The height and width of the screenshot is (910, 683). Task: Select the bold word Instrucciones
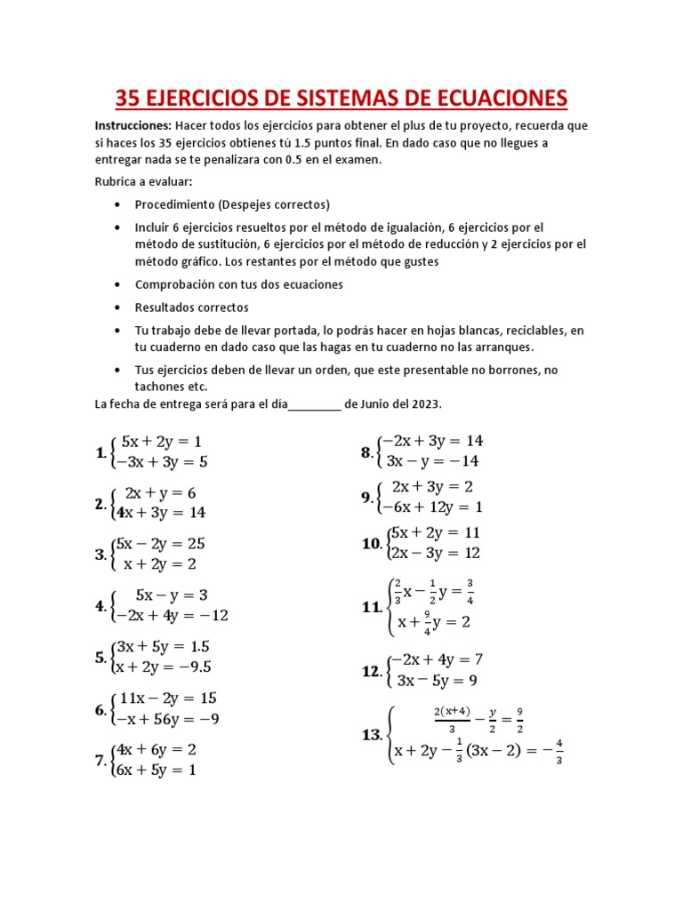pos(133,125)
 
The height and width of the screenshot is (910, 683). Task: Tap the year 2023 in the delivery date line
pos(425,404)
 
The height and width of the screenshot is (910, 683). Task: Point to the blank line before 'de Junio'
pos(315,405)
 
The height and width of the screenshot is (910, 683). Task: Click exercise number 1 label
pos(100,452)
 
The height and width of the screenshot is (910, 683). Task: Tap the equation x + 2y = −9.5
pos(164,667)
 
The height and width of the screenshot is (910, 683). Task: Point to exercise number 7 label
pos(100,760)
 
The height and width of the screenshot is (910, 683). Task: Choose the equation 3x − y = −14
pos(432,461)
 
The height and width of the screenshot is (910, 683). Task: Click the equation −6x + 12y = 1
pos(431,507)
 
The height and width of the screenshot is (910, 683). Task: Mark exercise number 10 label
pos(372,543)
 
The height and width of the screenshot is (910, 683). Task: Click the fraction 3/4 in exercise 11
pos(470,591)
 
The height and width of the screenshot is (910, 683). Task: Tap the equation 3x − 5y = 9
pos(437,681)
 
